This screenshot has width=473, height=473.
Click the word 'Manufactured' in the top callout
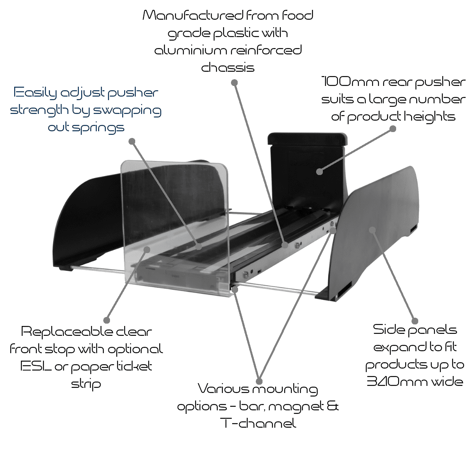coord(192,16)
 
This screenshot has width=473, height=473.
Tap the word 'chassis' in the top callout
coord(228,68)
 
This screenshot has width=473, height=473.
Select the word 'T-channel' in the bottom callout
coord(258,424)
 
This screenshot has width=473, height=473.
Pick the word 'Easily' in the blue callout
coord(35,93)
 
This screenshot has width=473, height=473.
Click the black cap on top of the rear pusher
coord(307,139)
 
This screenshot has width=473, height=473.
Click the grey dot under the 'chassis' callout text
coord(234,83)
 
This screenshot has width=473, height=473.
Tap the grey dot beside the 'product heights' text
coord(393,128)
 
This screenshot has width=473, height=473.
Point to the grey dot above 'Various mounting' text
coord(259,381)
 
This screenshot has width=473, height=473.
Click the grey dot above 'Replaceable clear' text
coord(106,320)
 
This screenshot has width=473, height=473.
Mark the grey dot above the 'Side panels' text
coord(414,320)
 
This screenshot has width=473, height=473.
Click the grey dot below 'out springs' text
coord(132,141)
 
